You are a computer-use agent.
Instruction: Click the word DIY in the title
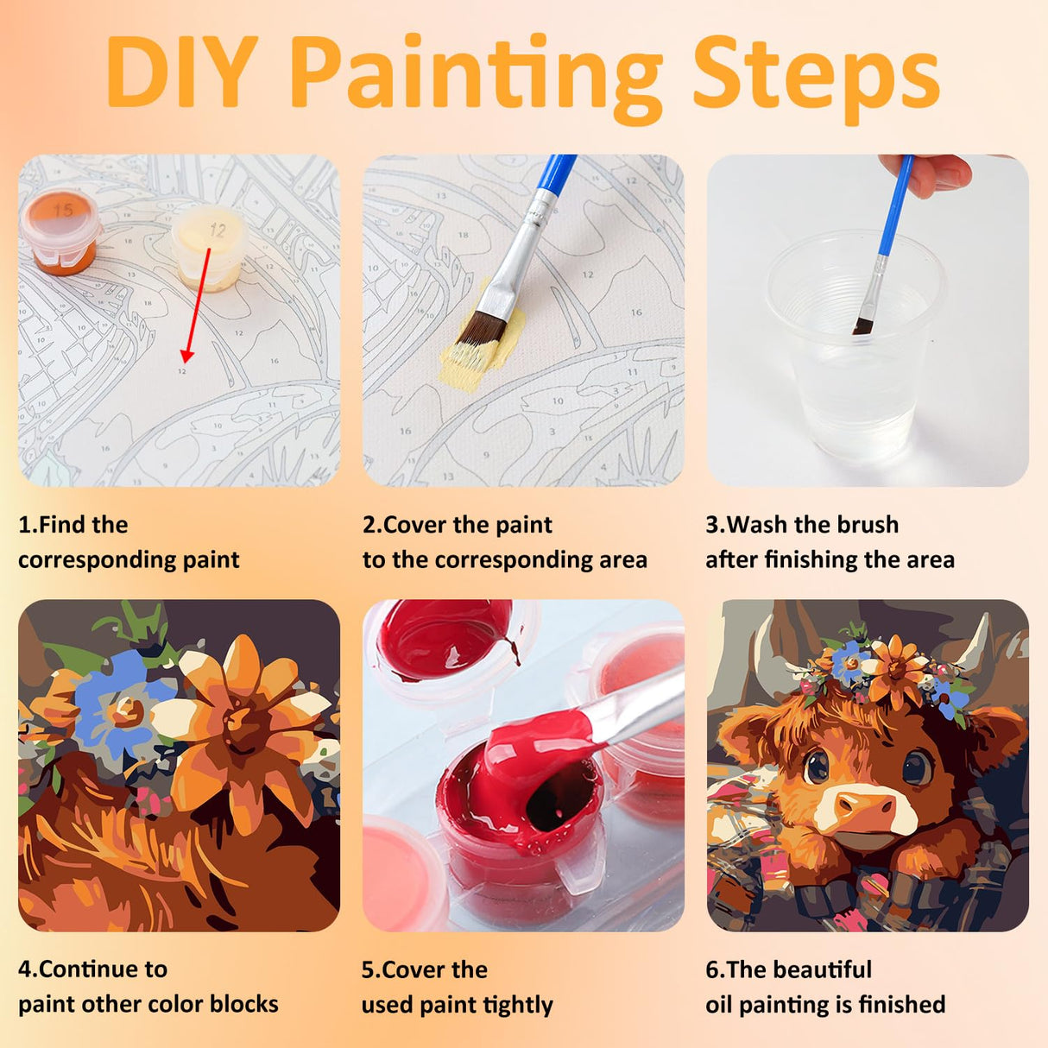coord(181,72)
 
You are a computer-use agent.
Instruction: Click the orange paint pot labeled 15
coord(61,233)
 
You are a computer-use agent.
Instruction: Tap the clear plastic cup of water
coord(855,343)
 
